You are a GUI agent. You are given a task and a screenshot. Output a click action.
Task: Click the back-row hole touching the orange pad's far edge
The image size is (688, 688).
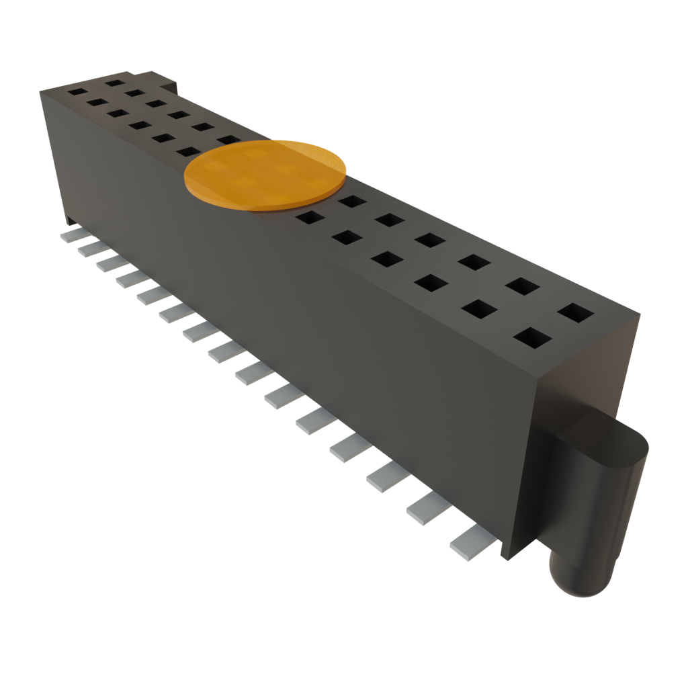228,140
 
